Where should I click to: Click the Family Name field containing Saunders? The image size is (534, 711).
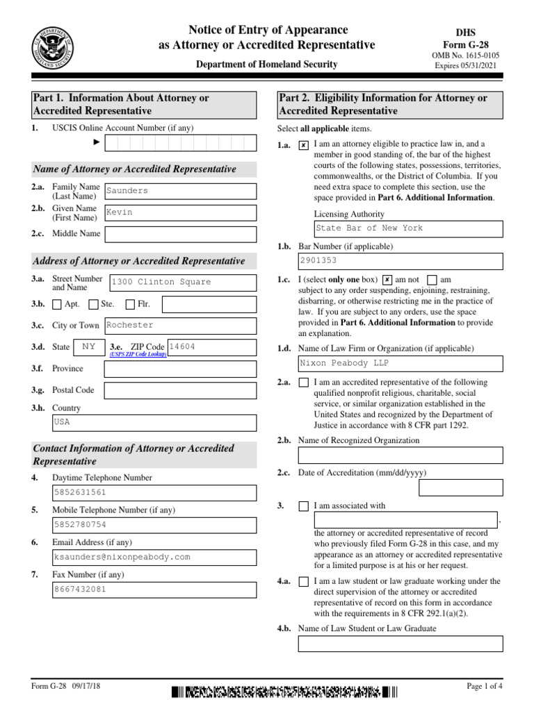[x=179, y=191]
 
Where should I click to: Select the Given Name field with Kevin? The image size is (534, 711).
[x=179, y=212]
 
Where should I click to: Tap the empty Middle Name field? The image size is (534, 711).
[x=179, y=234]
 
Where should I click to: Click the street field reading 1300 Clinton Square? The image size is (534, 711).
[x=182, y=282]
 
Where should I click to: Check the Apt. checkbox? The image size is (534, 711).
[x=57, y=304]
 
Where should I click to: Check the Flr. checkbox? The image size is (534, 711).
[x=130, y=304]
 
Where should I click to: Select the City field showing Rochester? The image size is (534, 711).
[x=179, y=325]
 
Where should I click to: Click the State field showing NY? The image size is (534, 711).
[x=88, y=346]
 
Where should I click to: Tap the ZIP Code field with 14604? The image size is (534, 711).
[x=211, y=346]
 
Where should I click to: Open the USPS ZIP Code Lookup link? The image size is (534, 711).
[x=136, y=355]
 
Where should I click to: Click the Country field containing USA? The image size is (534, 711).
[x=154, y=422]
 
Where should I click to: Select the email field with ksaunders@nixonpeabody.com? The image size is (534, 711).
[x=154, y=557]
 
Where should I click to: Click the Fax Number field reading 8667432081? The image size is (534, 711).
[x=154, y=589]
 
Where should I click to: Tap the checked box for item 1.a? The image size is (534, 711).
[x=303, y=146]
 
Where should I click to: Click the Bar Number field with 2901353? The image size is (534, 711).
[x=400, y=261]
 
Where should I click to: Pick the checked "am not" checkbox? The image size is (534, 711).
[x=387, y=280]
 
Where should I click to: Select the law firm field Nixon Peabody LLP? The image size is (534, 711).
[x=400, y=363]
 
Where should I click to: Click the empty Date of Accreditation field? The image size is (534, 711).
[x=460, y=488]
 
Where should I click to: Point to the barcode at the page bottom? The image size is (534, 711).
[x=284, y=692]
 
